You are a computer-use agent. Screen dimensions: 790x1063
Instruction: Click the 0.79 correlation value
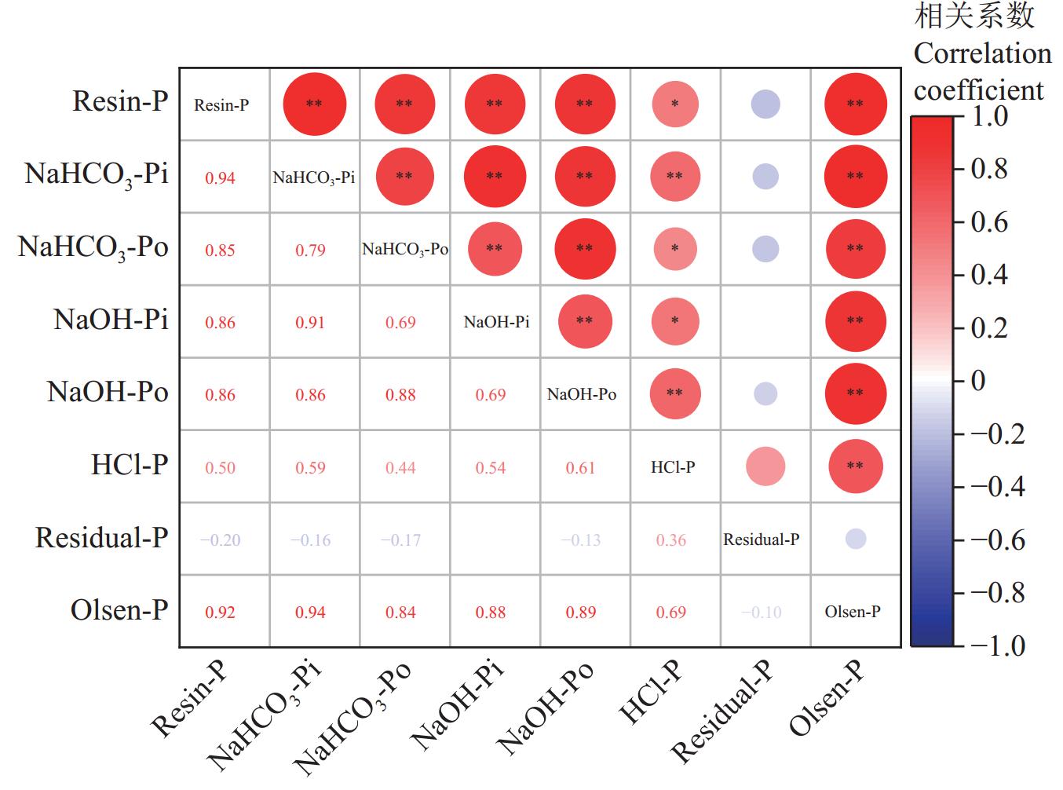point(310,251)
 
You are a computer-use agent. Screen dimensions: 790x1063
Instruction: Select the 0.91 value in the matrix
point(310,323)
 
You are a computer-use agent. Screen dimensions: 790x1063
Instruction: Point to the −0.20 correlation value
point(220,540)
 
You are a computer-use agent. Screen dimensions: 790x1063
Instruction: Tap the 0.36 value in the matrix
point(671,540)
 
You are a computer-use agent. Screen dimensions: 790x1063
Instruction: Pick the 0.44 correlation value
point(400,468)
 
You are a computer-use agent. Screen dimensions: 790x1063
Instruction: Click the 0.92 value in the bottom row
point(220,613)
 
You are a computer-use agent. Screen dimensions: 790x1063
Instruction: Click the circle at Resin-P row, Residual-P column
point(765,104)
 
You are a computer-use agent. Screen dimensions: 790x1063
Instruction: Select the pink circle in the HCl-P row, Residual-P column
point(765,466)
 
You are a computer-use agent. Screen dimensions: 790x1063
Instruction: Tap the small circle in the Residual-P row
point(856,539)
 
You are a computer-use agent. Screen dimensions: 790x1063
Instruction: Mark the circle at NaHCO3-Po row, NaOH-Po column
point(585,248)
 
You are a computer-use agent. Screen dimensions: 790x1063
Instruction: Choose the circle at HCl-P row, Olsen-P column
point(856,466)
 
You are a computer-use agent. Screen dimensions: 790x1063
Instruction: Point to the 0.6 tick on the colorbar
point(989,222)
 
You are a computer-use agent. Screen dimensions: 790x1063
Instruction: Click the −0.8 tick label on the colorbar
point(997,593)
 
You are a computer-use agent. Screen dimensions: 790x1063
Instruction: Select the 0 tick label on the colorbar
point(978,381)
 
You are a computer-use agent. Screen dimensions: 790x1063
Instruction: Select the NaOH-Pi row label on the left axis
point(111,320)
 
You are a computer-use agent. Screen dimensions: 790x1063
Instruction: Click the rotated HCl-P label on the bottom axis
point(651,692)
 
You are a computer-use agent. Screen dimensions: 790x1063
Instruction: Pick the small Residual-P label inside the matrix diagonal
point(762,539)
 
